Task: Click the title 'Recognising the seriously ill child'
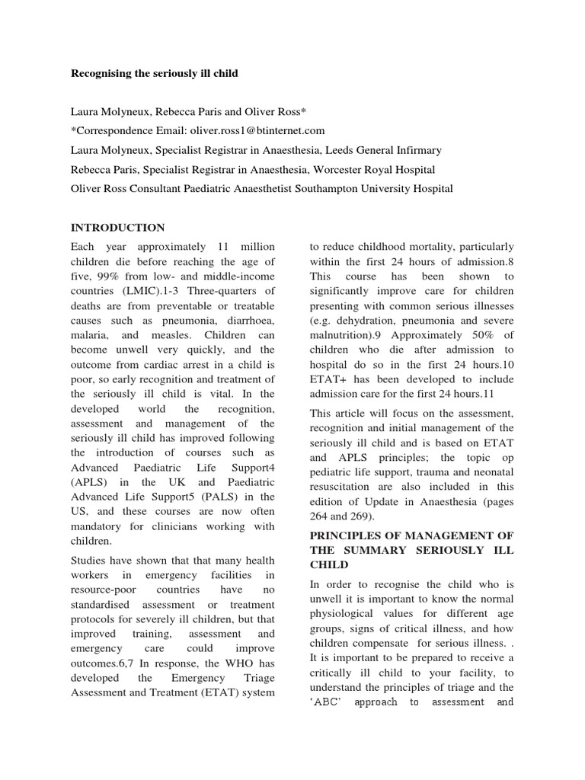(155, 73)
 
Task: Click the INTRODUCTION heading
(117, 227)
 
